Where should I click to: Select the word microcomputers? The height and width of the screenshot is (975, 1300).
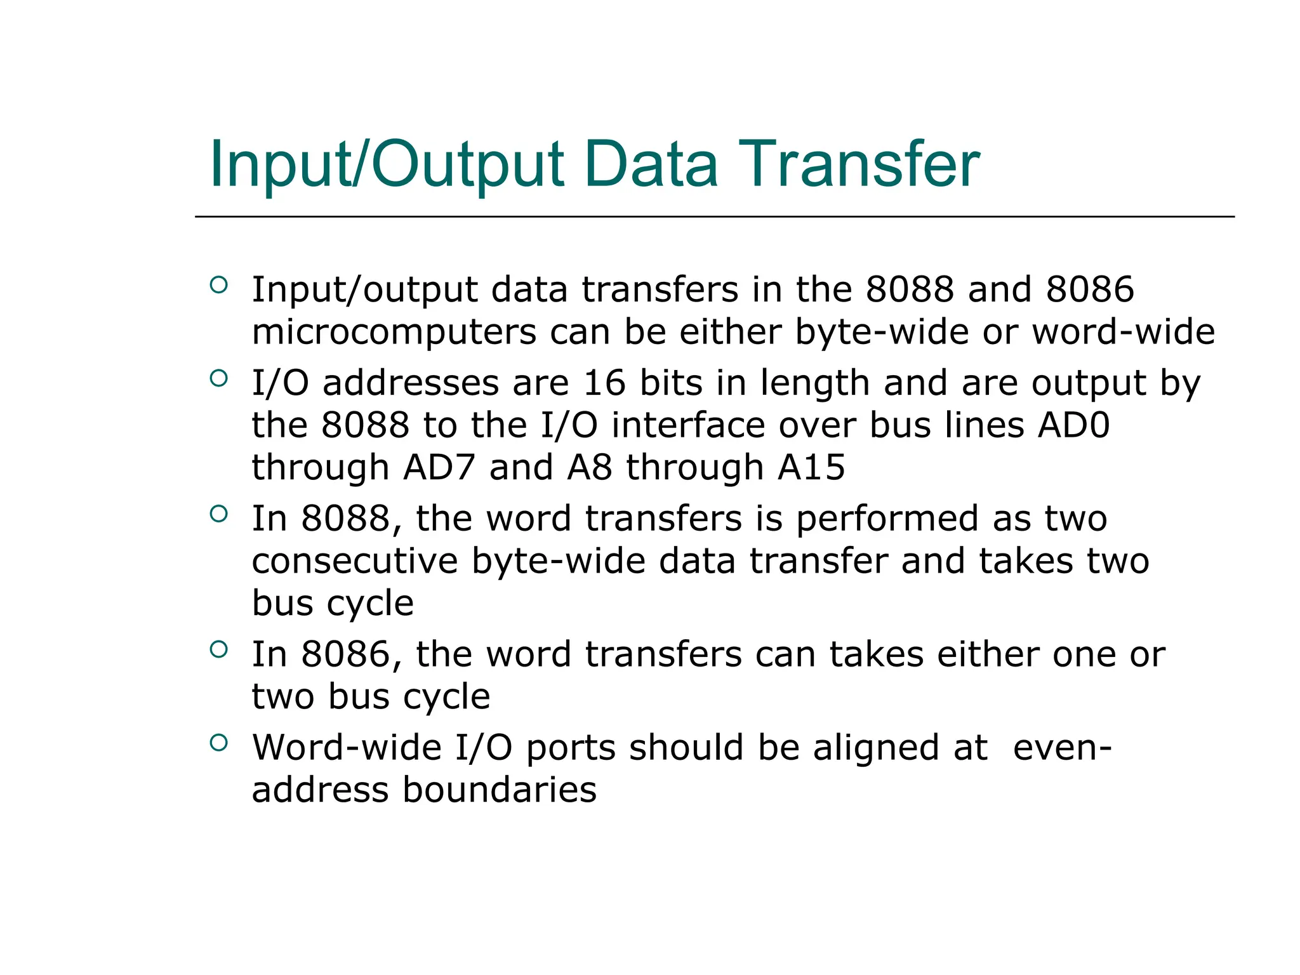(x=394, y=332)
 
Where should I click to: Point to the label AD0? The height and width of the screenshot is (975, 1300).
(x=1073, y=425)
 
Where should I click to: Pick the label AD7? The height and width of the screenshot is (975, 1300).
(x=439, y=467)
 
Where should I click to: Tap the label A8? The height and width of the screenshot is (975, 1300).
(x=590, y=467)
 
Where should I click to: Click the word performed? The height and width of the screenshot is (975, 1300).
(x=887, y=519)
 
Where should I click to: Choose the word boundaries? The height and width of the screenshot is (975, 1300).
(x=500, y=790)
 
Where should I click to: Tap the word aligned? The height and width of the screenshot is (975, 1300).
(x=900, y=748)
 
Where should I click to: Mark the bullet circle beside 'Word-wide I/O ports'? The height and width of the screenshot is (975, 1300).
(x=218, y=742)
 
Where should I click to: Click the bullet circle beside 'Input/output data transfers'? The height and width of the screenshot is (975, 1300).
(x=218, y=284)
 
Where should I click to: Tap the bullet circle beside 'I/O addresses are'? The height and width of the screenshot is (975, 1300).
(x=218, y=378)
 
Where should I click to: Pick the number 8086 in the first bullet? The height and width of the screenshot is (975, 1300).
(x=1090, y=289)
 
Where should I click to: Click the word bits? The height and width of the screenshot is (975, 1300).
(x=671, y=383)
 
